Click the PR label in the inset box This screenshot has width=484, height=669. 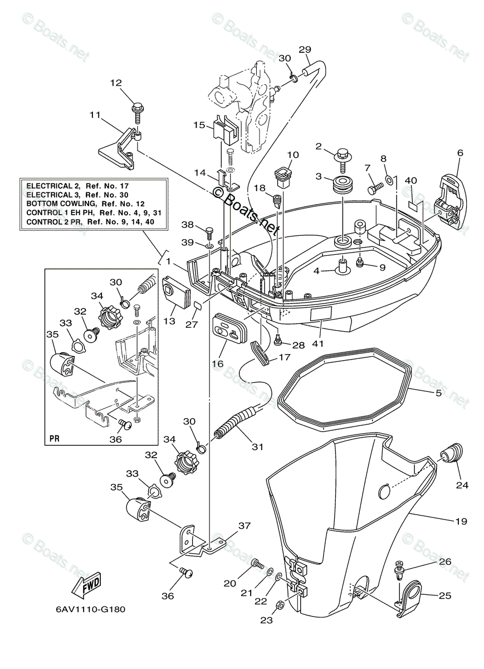click(x=55, y=439)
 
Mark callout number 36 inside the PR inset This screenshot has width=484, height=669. click(x=116, y=440)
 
